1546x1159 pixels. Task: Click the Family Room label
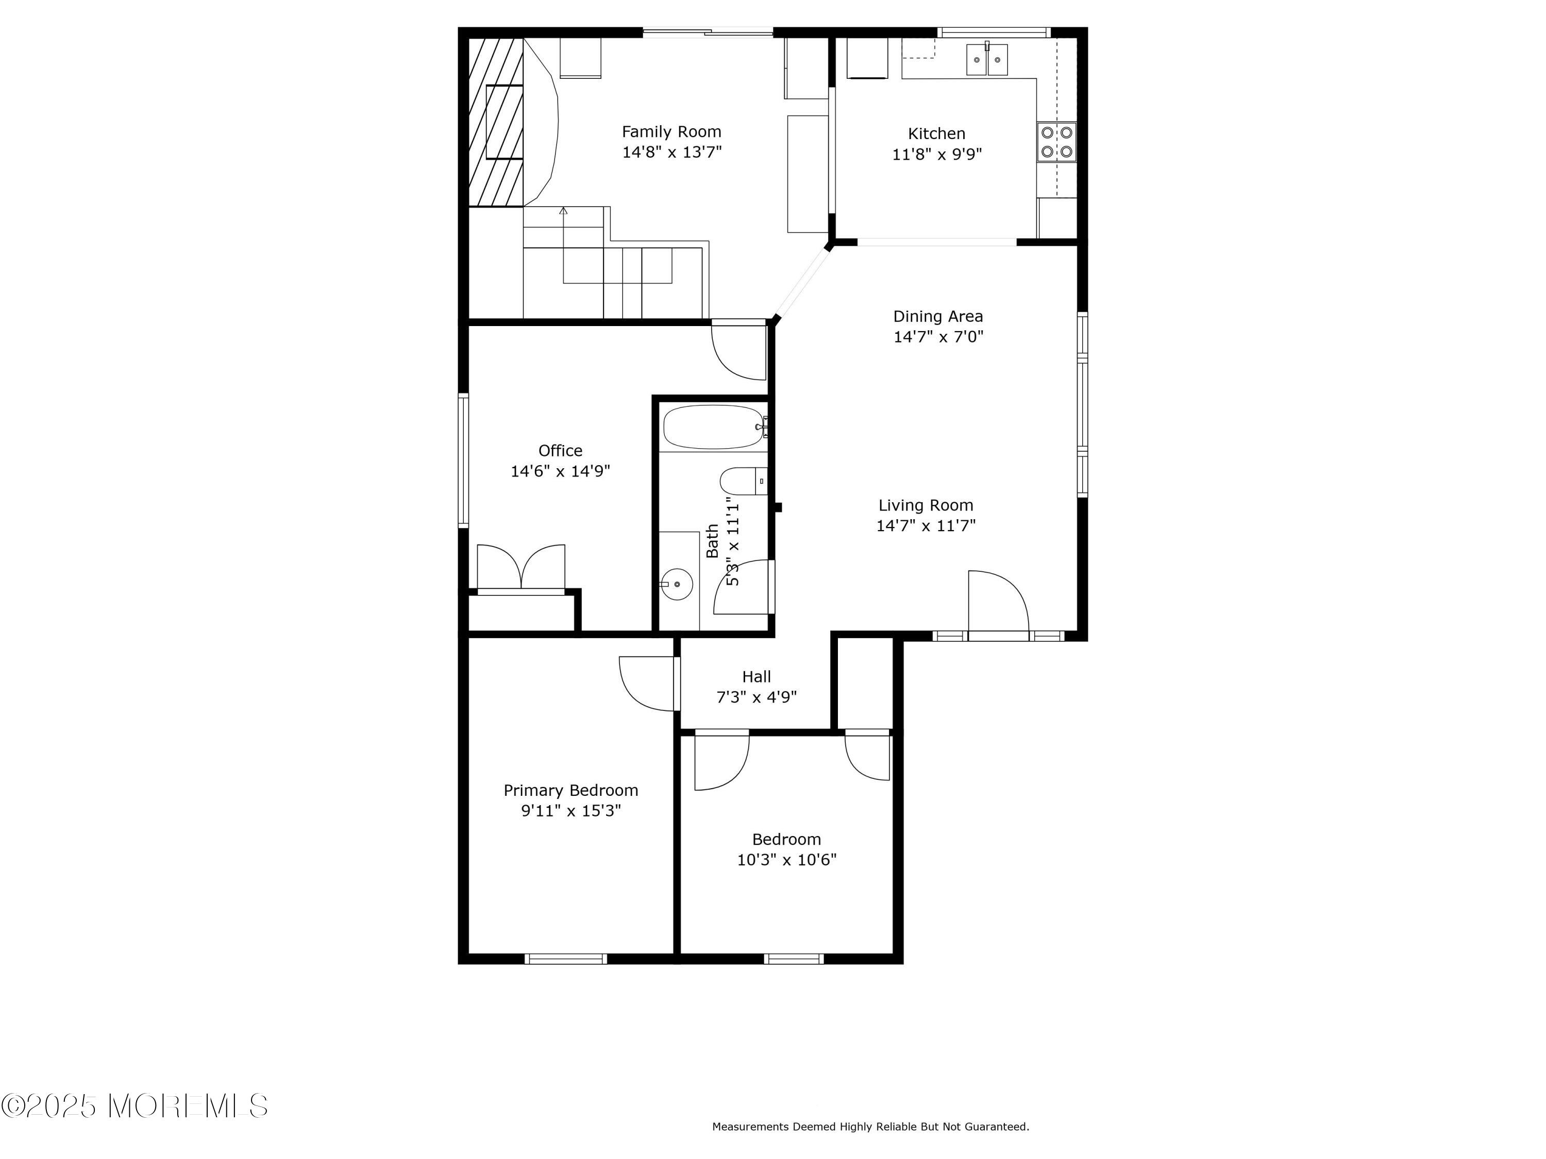click(671, 131)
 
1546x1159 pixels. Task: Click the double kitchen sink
click(987, 59)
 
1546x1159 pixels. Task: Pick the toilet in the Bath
click(744, 481)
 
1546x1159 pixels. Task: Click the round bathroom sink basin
click(677, 584)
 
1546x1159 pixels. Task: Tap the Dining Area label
click(938, 316)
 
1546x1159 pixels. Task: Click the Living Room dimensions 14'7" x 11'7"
click(926, 525)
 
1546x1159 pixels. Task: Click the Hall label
click(756, 676)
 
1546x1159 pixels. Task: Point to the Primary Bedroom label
click(571, 790)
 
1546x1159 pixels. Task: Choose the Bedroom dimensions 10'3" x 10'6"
click(786, 859)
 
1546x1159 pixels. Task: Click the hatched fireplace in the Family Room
click(496, 122)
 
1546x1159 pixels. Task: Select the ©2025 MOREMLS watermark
click(134, 1106)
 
